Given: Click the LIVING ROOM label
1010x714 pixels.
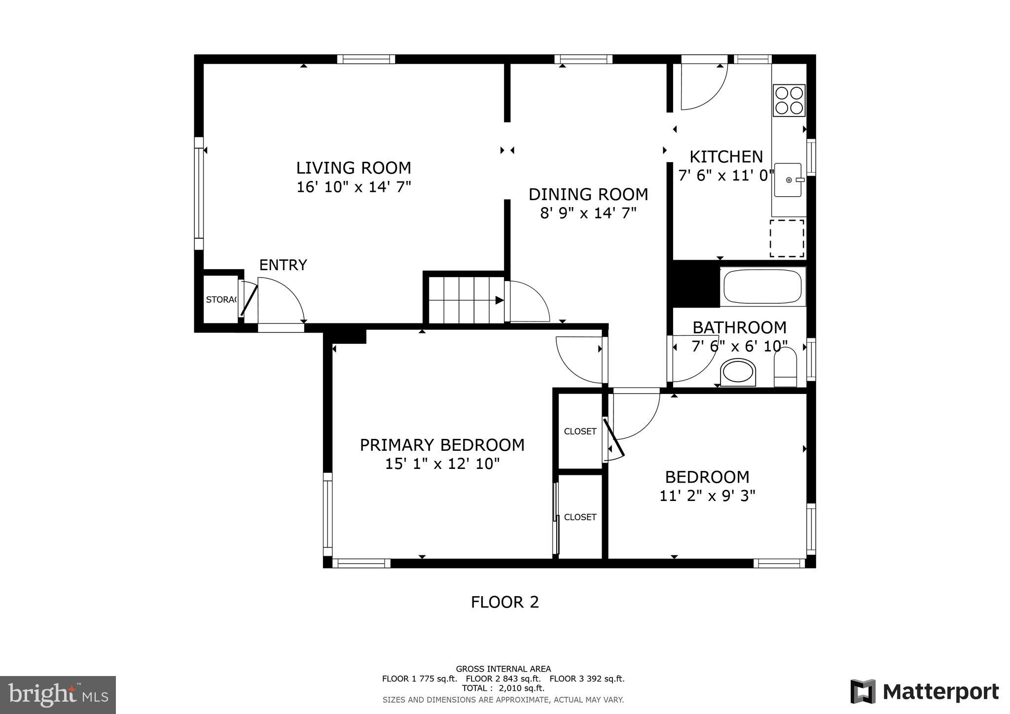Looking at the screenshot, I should click(353, 168).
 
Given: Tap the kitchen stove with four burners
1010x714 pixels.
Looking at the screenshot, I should click(789, 100).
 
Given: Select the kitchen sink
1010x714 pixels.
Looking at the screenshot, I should click(788, 180).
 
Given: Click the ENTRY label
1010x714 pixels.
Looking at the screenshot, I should click(283, 265).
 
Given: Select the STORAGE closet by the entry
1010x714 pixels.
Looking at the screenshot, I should click(220, 300).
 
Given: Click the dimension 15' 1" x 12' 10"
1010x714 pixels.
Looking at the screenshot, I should click(442, 464).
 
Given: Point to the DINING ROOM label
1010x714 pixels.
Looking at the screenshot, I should click(588, 195).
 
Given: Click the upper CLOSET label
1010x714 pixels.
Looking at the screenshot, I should click(580, 431).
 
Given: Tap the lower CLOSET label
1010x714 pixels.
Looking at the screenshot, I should click(580, 517).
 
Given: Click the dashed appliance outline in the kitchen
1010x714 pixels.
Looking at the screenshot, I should click(787, 238).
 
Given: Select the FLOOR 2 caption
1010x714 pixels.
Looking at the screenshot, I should click(505, 602).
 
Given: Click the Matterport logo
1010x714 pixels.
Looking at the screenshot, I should click(924, 691).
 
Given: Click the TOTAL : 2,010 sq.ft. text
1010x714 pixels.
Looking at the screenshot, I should click(503, 688).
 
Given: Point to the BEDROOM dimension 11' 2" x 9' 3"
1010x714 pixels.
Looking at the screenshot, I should click(707, 496).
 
